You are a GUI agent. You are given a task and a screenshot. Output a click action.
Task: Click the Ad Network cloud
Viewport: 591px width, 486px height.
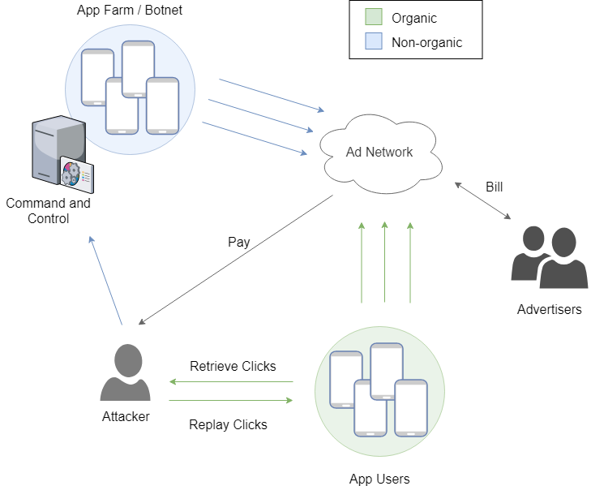coord(379,152)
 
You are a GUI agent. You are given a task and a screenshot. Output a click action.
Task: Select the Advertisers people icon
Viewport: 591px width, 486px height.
coord(549,258)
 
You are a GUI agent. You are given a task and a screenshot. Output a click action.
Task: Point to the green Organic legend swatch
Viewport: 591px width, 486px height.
coord(373,18)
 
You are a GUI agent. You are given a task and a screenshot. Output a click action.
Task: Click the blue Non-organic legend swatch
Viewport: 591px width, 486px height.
coord(373,42)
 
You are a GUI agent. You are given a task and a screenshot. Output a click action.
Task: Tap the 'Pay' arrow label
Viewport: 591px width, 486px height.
coord(239,242)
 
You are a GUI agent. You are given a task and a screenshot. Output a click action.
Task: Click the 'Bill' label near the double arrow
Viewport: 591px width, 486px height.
coord(494,187)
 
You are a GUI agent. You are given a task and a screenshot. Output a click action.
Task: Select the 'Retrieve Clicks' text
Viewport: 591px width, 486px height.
coord(233,366)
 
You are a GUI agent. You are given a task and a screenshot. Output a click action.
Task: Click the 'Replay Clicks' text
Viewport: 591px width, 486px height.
coord(228,424)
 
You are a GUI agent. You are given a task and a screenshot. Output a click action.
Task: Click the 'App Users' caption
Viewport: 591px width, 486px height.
coord(379,479)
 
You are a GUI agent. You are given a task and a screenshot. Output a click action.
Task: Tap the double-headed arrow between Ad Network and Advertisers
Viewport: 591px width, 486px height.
coord(483,201)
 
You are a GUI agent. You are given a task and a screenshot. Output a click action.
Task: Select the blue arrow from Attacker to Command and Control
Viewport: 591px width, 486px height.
coord(105,281)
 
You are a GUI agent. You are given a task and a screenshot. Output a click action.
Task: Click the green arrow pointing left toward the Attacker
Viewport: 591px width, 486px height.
coord(231,381)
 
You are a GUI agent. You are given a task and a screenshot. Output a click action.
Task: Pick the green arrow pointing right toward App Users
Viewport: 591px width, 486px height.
coord(231,400)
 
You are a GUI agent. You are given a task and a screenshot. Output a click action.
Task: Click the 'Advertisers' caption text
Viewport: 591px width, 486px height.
coord(549,309)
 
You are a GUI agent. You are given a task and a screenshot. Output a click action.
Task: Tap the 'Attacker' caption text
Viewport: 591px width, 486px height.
coord(126,416)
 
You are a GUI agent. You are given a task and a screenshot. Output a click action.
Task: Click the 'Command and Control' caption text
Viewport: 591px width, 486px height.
coord(48,211)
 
